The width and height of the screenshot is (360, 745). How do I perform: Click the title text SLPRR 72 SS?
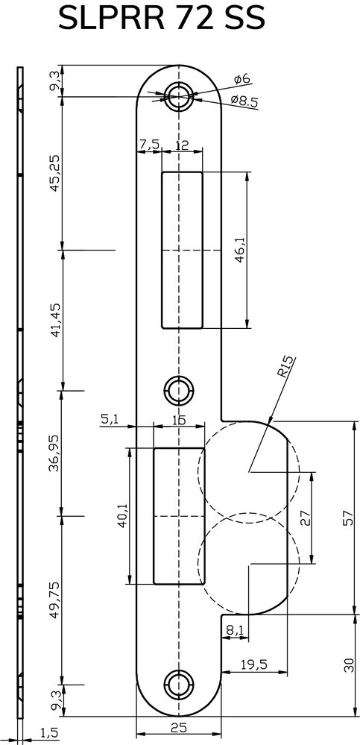tap(162, 19)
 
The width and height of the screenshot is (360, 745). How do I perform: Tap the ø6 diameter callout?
tap(242, 79)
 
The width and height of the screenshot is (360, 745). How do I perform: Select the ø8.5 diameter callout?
tap(244, 101)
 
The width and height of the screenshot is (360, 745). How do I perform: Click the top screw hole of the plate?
tap(179, 96)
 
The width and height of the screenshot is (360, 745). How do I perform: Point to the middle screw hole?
tap(179, 391)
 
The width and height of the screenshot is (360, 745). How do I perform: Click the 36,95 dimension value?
tap(55, 453)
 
